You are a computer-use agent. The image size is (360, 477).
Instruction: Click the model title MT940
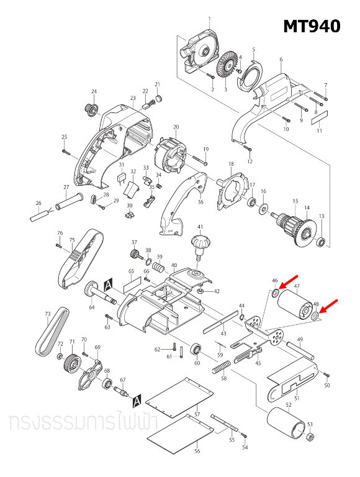312,26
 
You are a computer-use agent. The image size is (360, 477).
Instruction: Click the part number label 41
200,227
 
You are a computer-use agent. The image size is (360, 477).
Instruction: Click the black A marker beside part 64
107,283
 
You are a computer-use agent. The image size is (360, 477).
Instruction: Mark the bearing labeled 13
322,241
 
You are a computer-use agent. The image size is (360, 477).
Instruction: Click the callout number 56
197,452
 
